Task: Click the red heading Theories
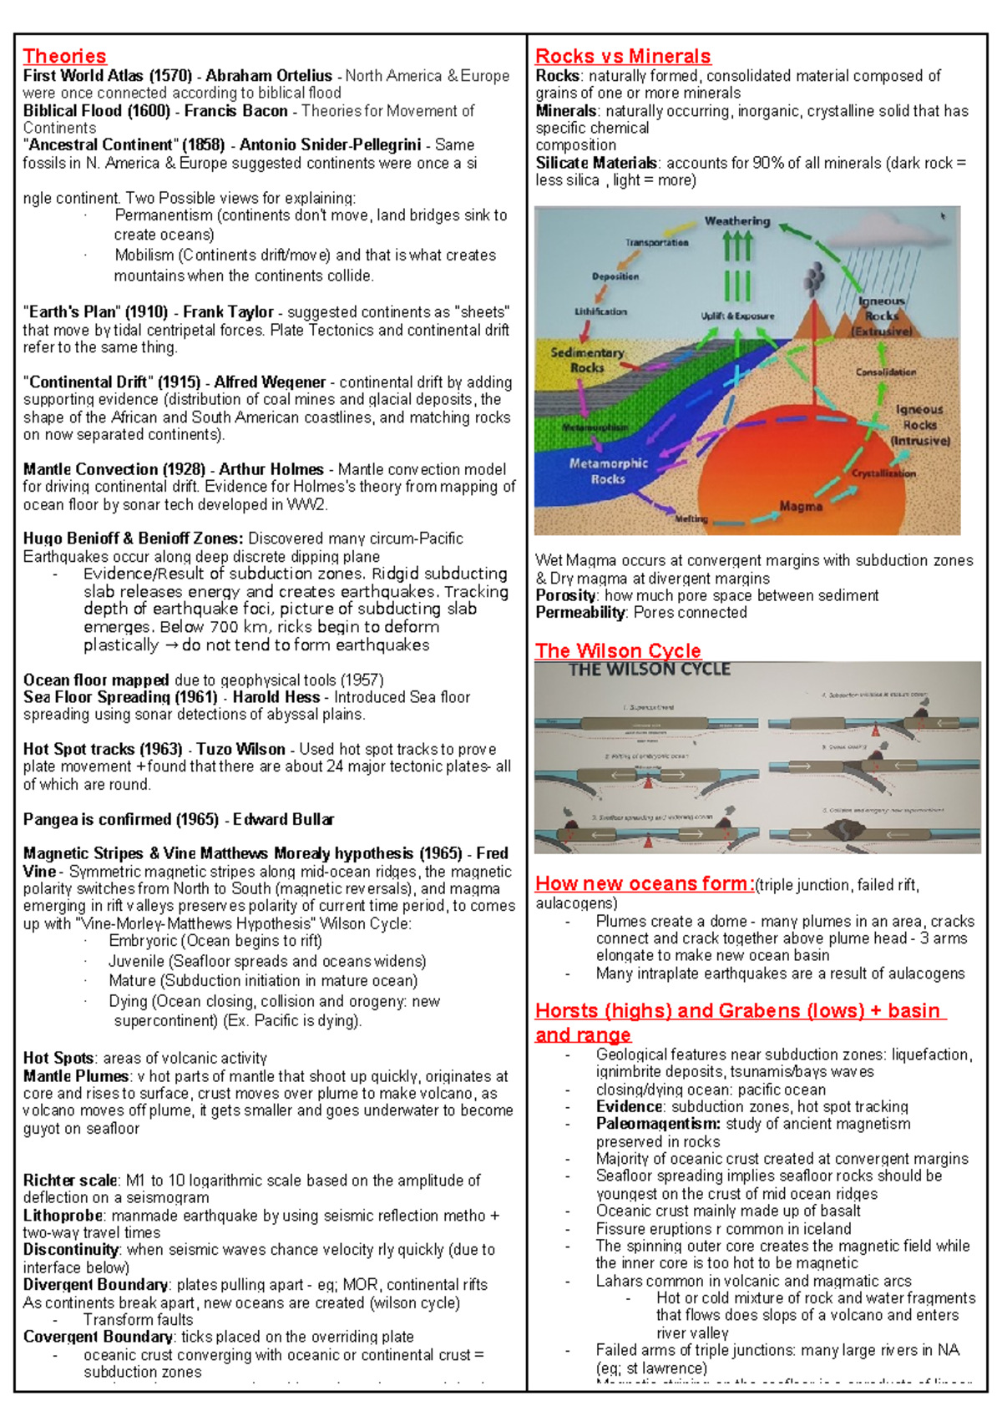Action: (64, 56)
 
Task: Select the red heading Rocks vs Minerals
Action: (623, 56)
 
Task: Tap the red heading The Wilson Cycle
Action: (618, 650)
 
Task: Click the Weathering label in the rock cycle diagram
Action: (737, 221)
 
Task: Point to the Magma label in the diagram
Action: (801, 506)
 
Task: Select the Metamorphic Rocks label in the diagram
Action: (608, 471)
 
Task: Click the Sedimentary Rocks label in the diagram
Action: (587, 360)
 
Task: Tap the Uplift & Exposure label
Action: (737, 316)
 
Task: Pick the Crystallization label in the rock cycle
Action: (883, 473)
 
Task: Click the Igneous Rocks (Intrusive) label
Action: (919, 425)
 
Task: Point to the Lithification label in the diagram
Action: (600, 311)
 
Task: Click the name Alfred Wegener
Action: (270, 382)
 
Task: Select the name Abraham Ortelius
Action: (269, 76)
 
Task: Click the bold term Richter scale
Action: (70, 1181)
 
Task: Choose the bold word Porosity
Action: (565, 595)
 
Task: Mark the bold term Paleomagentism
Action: (658, 1124)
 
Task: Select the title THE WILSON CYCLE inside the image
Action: (650, 670)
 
